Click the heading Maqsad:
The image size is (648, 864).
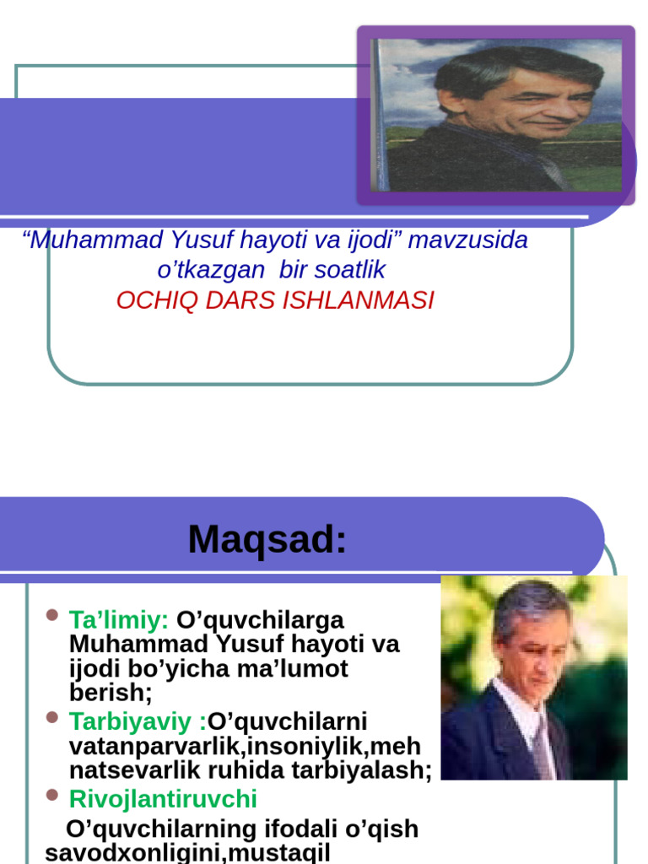(267, 539)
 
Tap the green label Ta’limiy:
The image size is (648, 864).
(119, 620)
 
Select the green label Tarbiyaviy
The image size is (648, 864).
(134, 722)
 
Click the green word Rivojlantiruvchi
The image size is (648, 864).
(163, 799)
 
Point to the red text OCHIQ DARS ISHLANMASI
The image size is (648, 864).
(275, 300)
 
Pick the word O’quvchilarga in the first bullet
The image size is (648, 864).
(260, 620)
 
